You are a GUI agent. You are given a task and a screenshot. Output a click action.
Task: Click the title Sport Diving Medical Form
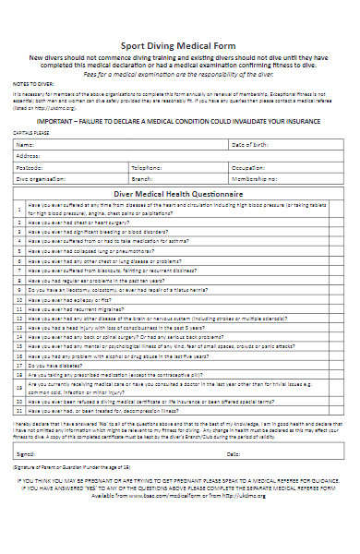[179, 45]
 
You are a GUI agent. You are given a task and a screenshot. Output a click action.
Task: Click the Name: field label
[25, 145]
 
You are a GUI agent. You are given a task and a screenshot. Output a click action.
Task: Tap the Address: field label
[28, 156]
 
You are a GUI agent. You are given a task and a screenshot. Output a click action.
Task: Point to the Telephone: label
[147, 167]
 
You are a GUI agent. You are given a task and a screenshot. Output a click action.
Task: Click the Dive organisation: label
[36, 177]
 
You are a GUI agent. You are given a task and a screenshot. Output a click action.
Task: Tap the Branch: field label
[142, 177]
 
